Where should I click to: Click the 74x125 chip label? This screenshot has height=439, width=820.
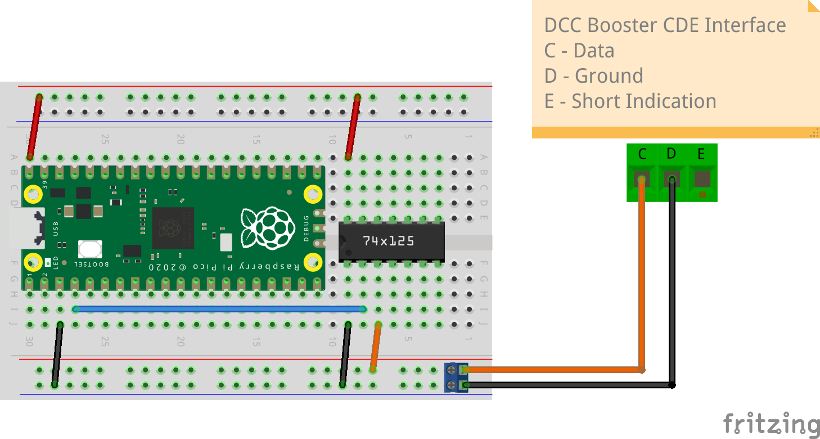388,241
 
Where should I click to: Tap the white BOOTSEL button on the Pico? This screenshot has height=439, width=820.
90,249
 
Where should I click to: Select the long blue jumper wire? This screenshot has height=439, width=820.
219,309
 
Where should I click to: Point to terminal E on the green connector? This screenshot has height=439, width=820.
702,180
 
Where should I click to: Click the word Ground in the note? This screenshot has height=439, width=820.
609,76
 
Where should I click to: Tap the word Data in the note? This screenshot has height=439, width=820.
594,51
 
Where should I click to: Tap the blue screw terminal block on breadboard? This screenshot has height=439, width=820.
456,377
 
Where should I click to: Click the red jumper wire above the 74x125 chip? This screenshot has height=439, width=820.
353,127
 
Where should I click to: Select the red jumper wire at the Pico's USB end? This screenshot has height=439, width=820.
35,127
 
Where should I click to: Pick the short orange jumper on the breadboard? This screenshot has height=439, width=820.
376,347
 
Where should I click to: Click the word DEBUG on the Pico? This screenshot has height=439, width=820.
307,228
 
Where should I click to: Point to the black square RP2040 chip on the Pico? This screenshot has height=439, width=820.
173,228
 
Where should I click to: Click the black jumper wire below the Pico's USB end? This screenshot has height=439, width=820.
57,355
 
